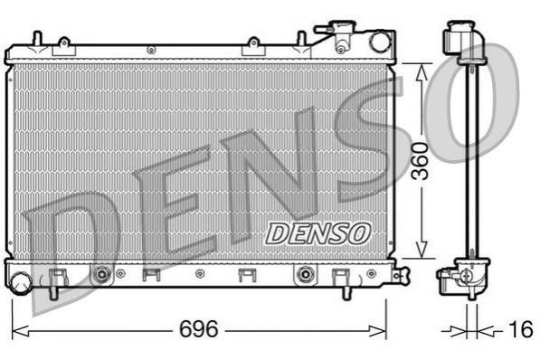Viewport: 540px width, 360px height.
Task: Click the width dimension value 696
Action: pos(199,328)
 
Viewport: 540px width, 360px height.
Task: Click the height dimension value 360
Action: pos(422,161)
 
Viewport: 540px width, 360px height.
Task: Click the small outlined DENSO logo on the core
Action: pos(317,233)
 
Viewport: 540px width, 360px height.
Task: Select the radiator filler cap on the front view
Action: pos(342,27)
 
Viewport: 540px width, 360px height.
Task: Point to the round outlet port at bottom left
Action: pos(21,282)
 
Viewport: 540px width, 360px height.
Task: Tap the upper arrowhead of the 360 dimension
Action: pos(422,73)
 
